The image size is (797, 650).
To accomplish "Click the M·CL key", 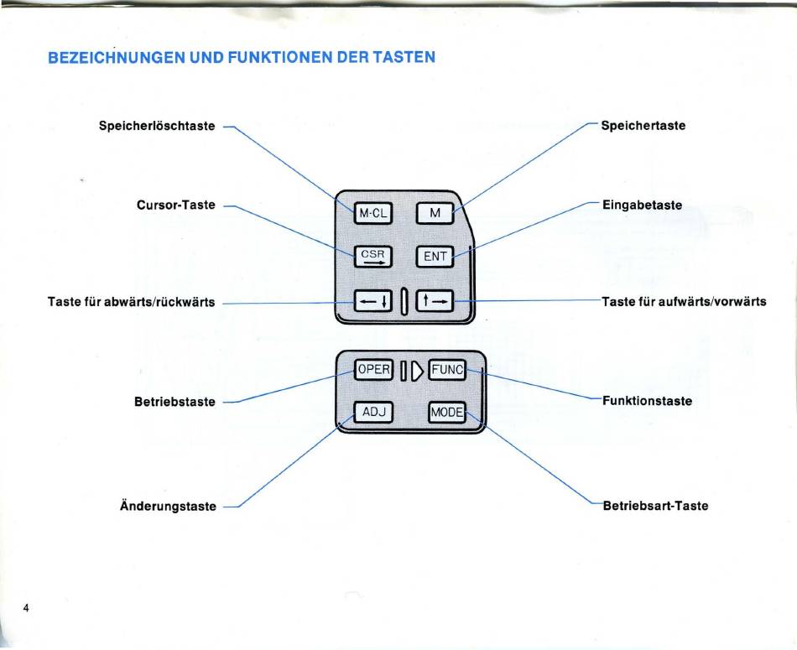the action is pyautogui.click(x=373, y=213).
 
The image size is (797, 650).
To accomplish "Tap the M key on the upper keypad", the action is pyautogui.click(x=435, y=213).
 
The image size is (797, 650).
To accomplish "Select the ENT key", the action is pyautogui.click(x=435, y=257).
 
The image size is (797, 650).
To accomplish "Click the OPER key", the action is pyautogui.click(x=373, y=370).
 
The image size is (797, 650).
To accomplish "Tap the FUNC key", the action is pyautogui.click(x=447, y=370).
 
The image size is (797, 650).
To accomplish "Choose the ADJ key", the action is pyautogui.click(x=373, y=412).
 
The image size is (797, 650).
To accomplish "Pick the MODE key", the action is pyautogui.click(x=447, y=412).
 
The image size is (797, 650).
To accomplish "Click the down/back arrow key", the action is pyautogui.click(x=373, y=301).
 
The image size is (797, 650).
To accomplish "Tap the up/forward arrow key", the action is pyautogui.click(x=435, y=301).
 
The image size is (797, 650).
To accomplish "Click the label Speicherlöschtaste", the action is pyautogui.click(x=157, y=126).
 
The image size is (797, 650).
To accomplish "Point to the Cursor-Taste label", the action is pyautogui.click(x=176, y=205).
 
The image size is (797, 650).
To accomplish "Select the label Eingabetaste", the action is pyautogui.click(x=642, y=205).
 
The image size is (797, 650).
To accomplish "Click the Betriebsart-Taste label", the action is pyautogui.click(x=655, y=506).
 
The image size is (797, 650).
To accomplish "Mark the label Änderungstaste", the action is pyautogui.click(x=169, y=507).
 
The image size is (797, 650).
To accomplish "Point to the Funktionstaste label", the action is pyautogui.click(x=647, y=401).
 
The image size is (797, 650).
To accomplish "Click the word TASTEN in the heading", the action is pyautogui.click(x=404, y=57).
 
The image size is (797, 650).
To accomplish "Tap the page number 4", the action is pyautogui.click(x=26, y=608).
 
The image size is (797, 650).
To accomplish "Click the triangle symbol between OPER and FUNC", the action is pyautogui.click(x=417, y=371).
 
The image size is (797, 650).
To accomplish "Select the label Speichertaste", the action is pyautogui.click(x=643, y=126).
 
